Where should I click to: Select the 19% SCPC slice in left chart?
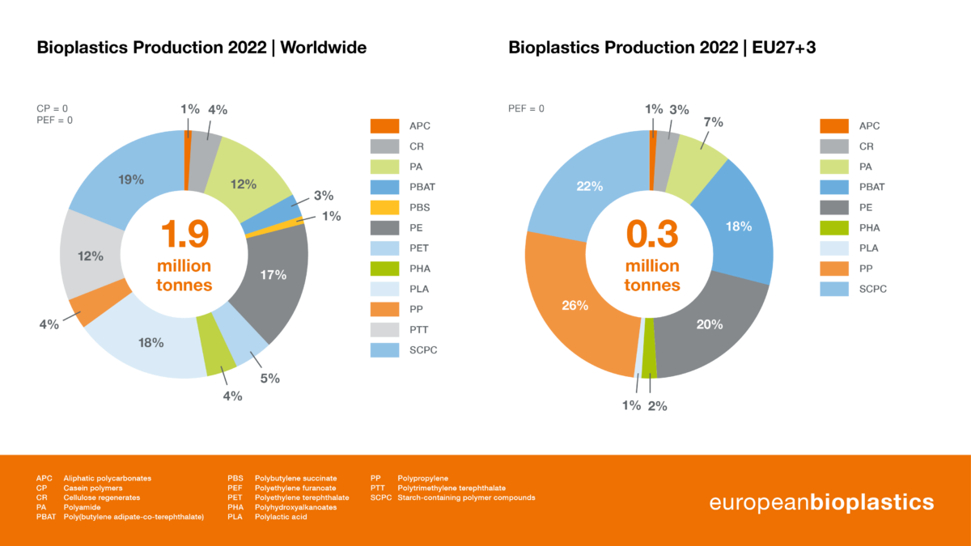tap(129, 178)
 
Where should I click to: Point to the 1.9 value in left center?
tap(184, 235)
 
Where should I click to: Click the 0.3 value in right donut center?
tap(652, 235)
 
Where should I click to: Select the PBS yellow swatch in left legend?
tap(384, 207)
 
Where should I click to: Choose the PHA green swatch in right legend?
tap(834, 227)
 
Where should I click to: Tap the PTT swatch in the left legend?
tap(384, 329)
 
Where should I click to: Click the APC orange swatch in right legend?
tap(834, 126)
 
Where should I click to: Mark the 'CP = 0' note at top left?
tap(52, 108)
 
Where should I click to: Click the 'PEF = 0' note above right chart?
tap(526, 108)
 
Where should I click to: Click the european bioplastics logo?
tap(821, 502)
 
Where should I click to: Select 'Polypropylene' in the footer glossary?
tap(422, 478)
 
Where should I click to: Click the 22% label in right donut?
tap(589, 186)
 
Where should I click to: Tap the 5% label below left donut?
tap(269, 378)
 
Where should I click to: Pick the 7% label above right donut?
tap(713, 122)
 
